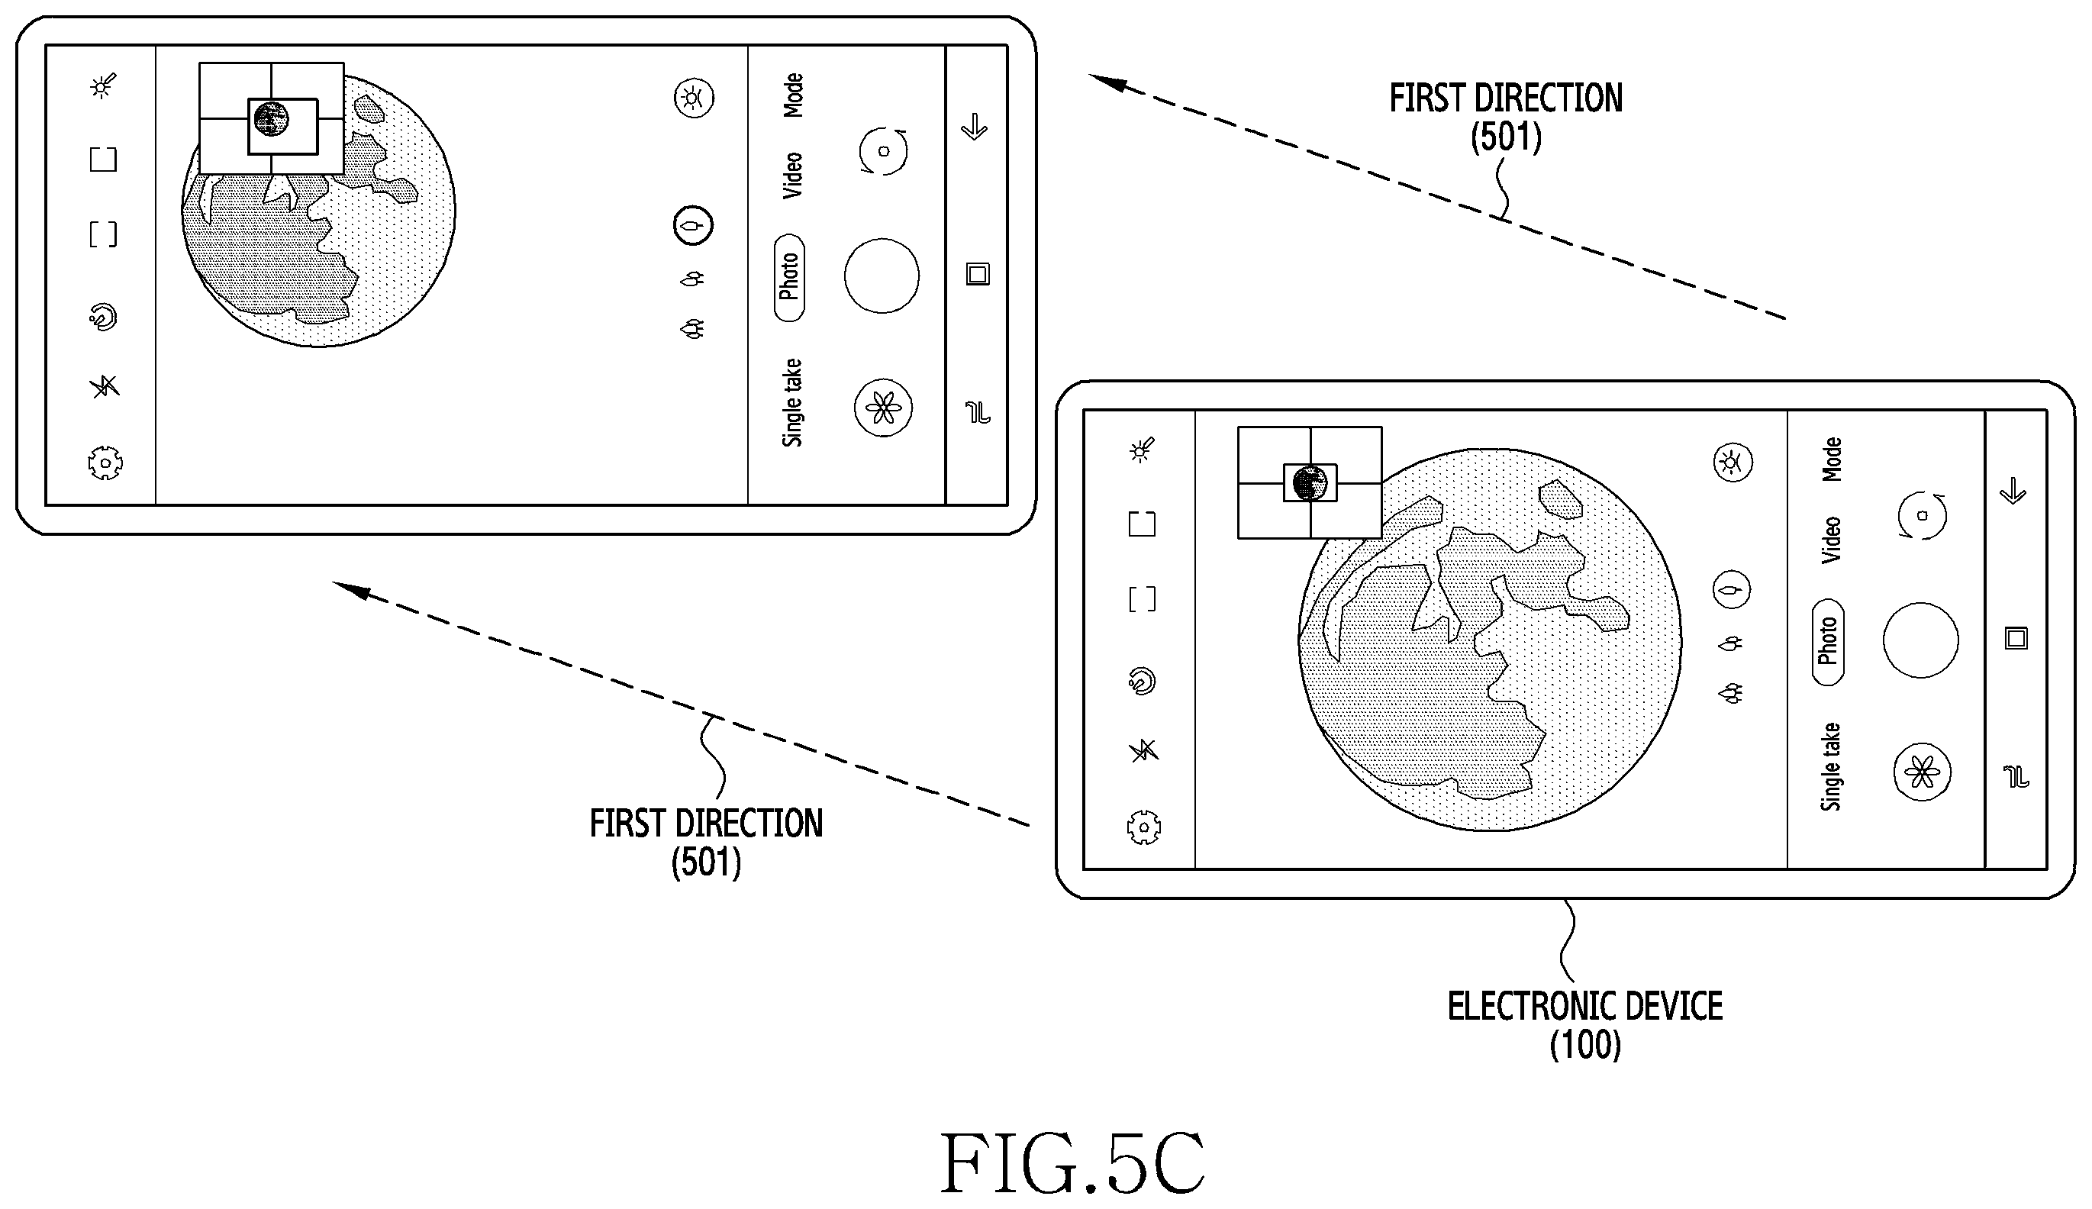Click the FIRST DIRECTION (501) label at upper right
(1506, 117)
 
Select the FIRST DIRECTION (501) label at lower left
(707, 843)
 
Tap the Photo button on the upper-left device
(788, 277)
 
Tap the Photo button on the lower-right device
(1828, 642)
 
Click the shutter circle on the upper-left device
(882, 276)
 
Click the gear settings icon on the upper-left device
(105, 463)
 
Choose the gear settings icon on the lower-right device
(1144, 827)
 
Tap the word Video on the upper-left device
(793, 176)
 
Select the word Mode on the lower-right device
(1831, 459)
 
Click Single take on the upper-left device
(793, 403)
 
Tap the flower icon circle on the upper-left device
(883, 408)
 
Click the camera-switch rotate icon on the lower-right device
(1923, 516)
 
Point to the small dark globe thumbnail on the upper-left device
(271, 119)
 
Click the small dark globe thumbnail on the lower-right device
(1310, 482)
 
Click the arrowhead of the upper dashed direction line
(1107, 82)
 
